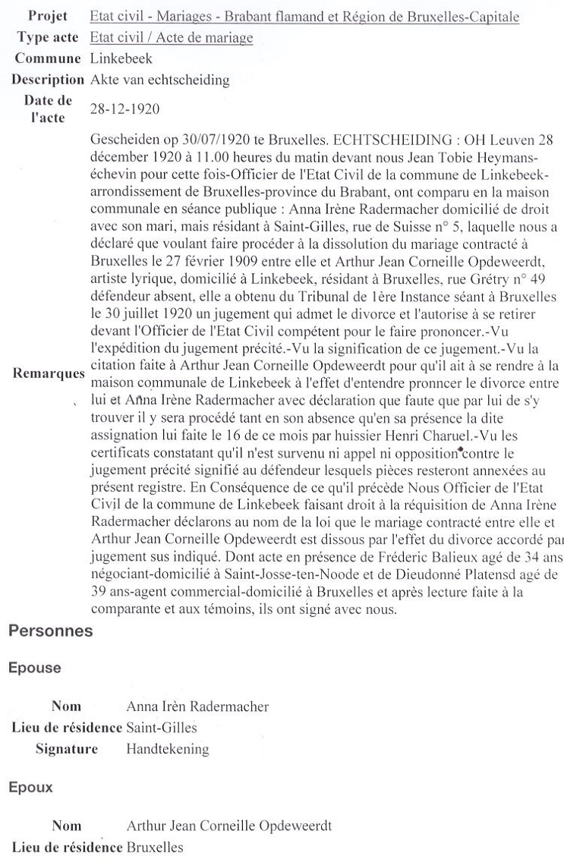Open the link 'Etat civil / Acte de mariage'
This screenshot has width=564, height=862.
coord(171,38)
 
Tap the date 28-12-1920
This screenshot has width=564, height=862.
coord(124,109)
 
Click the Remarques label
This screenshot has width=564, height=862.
coord(47,374)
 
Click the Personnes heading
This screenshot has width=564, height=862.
coord(50,631)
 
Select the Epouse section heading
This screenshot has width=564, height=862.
coord(33,669)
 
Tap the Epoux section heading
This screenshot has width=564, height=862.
coord(30,787)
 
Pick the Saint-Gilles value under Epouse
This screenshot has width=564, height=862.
coord(162,728)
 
